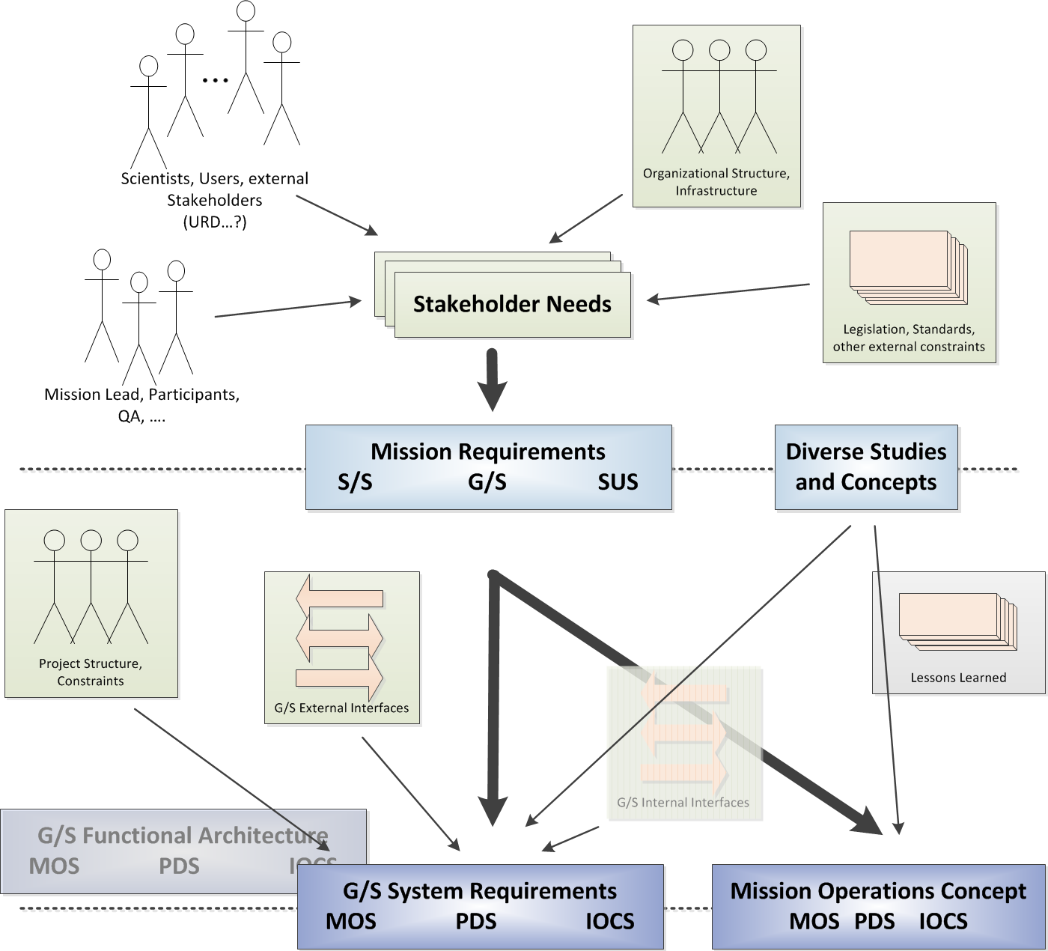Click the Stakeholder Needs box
[x=512, y=304]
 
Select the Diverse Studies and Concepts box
[x=866, y=467]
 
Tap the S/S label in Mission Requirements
[x=355, y=482]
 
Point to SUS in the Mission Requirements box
[x=618, y=482]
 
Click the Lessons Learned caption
[x=958, y=678]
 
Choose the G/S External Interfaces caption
[x=341, y=708]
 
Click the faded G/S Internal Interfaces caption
[x=683, y=803]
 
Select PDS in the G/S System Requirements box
[x=476, y=921]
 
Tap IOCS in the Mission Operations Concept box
[x=943, y=921]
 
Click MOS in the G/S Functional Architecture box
[x=54, y=866]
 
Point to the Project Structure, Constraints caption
[x=91, y=672]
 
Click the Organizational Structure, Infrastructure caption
[x=716, y=182]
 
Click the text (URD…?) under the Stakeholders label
[x=215, y=222]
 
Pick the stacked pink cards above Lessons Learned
[x=957, y=620]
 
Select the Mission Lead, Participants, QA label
[x=142, y=404]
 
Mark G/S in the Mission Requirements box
[x=487, y=482]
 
